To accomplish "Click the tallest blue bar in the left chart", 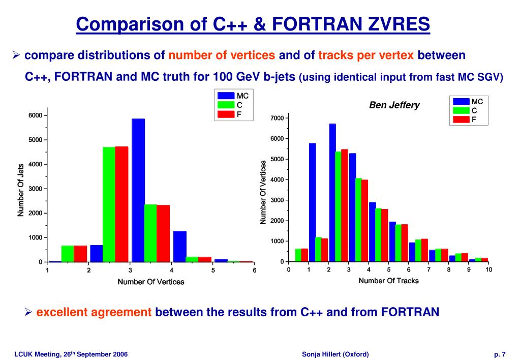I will tap(138, 190).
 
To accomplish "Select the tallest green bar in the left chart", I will tap(109, 204).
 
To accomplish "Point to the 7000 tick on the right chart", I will tap(277, 118).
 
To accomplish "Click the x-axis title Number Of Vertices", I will tap(151, 282).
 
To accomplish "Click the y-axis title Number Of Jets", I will tap(21, 190).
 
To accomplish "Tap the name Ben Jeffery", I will tap(394, 105).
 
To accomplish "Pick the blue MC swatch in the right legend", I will tap(461, 102).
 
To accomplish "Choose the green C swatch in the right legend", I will tap(461, 110).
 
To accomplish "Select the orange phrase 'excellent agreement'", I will tap(94, 312).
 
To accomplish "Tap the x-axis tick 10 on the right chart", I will tap(488, 270).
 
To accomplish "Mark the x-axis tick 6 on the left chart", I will tap(255, 271).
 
